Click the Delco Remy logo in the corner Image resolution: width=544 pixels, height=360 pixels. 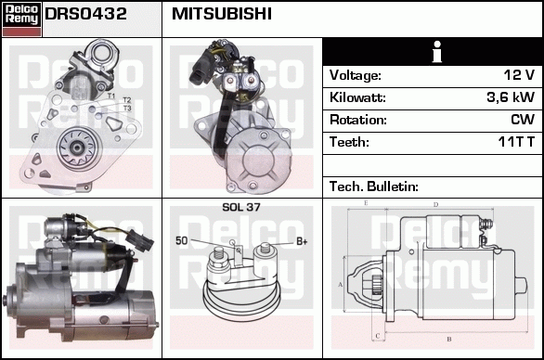pos(22,19)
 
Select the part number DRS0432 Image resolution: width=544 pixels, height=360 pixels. pos(85,14)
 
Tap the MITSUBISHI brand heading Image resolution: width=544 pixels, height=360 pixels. pos(221,14)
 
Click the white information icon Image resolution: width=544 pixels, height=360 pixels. pos(437,52)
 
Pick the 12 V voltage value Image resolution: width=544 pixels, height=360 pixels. pos(519,75)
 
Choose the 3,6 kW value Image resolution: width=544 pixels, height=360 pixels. pos(511,97)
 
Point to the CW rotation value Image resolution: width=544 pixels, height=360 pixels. pos(523,120)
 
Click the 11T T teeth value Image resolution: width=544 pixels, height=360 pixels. pos(516,142)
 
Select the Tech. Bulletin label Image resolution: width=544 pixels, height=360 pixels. pos(374,186)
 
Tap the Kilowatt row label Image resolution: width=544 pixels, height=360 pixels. pos(357,97)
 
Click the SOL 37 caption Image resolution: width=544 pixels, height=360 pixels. pos(241,207)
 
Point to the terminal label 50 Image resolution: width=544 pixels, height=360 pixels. pos(181,240)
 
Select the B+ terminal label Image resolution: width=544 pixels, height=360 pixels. pos(302,241)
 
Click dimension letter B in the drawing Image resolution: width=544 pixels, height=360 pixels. pos(449,339)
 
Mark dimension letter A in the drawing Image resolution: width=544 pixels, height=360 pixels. pos(341,285)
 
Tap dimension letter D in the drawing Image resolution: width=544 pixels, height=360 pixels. pos(435,205)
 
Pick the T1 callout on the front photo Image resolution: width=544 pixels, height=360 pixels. pos(111,96)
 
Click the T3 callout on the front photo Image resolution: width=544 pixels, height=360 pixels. pos(127,109)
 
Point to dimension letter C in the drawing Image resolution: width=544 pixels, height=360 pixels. pos(378,336)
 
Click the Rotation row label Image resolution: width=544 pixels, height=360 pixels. pos(358,120)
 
